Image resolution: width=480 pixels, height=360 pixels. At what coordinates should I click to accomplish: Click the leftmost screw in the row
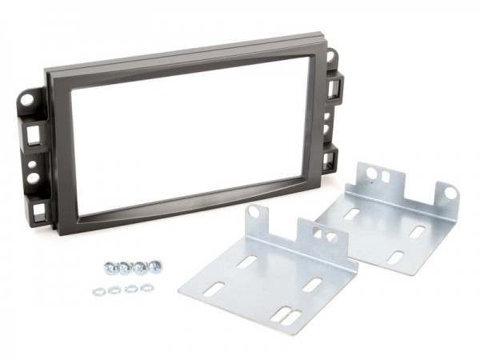point(109,267)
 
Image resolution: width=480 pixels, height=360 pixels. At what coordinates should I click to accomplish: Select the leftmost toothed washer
point(99,290)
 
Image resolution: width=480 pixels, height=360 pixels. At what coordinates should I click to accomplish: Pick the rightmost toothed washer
point(146,286)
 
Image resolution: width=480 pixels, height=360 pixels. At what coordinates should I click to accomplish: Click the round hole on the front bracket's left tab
point(254,213)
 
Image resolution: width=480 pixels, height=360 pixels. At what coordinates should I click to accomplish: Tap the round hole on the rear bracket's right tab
point(450,193)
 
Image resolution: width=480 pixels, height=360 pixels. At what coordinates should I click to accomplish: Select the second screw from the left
point(124,266)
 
